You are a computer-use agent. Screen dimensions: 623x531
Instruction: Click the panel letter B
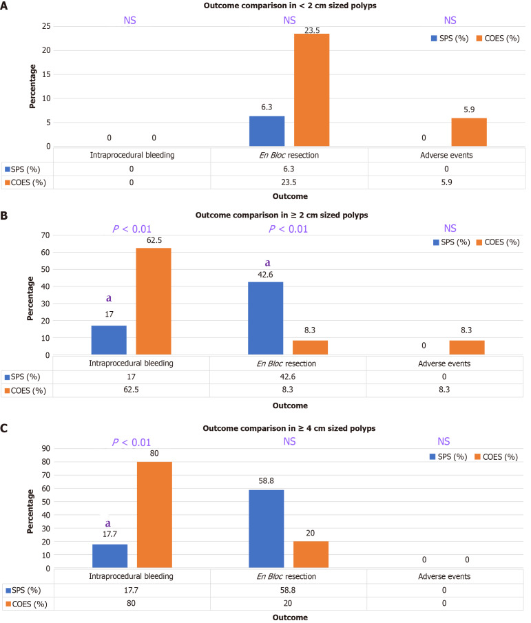[6, 215]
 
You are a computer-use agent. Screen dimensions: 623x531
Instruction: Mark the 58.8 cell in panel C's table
[289, 590]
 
